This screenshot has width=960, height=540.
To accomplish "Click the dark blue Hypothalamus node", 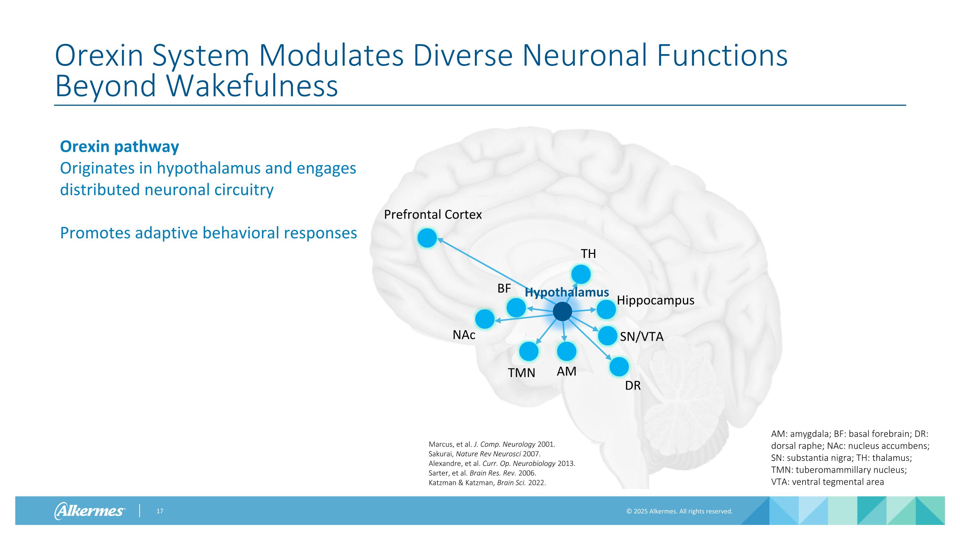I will pyautogui.click(x=562, y=311).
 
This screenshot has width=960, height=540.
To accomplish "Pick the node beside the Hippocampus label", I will pyautogui.click(x=606, y=309).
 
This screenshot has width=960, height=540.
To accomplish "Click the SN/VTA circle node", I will pyautogui.click(x=607, y=335).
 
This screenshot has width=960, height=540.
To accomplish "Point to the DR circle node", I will pyautogui.click(x=619, y=367).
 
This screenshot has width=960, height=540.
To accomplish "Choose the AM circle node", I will pyautogui.click(x=566, y=351).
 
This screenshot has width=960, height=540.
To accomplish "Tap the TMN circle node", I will pyautogui.click(x=528, y=351).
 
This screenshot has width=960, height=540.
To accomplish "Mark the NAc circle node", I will pyautogui.click(x=485, y=319).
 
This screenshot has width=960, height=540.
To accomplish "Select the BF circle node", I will pyautogui.click(x=516, y=308).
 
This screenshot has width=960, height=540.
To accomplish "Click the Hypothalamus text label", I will pyautogui.click(x=566, y=293).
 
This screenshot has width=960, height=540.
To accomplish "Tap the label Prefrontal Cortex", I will pyautogui.click(x=433, y=215).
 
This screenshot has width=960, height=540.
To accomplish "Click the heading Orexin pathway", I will pyautogui.click(x=119, y=147).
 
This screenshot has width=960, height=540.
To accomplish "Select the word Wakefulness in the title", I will pyautogui.click(x=252, y=86).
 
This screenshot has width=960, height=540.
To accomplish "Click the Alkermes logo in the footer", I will pyautogui.click(x=90, y=511).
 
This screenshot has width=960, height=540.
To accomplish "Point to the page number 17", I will pyautogui.click(x=160, y=511).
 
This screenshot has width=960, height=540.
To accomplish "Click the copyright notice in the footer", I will pyautogui.click(x=679, y=511).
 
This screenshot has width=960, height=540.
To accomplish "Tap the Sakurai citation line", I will pyautogui.click(x=484, y=454).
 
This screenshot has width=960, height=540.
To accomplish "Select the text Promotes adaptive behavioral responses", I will pyautogui.click(x=208, y=233).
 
